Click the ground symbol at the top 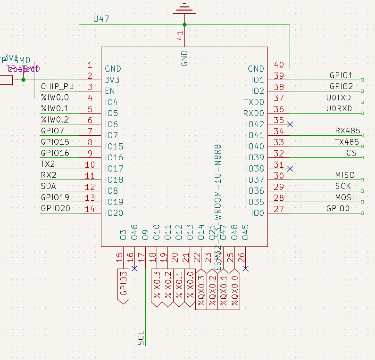184,9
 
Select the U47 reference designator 101,19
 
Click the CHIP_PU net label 57,87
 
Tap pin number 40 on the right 279,65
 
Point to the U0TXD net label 339,98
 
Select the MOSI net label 345,197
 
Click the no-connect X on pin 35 290,124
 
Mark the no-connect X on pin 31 290,168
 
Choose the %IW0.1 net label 55,109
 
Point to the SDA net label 49,187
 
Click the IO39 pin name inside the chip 255,157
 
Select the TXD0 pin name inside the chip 254,102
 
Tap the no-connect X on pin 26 245,269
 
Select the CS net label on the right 351,153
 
